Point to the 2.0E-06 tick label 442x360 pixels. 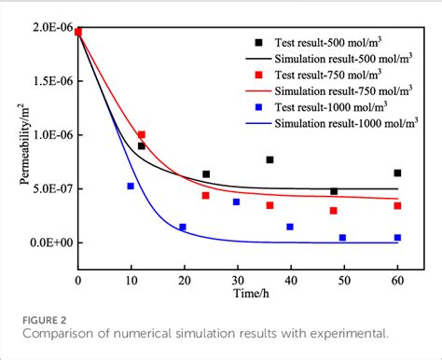50,28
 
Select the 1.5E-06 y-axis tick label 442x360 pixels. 50,81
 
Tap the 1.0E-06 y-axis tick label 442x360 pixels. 50,135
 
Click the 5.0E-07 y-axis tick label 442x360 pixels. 50,189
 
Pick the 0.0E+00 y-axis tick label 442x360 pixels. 49,242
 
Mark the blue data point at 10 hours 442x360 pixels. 131,187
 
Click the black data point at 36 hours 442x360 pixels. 269,160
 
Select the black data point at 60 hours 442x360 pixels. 397,173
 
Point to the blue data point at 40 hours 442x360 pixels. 290,227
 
